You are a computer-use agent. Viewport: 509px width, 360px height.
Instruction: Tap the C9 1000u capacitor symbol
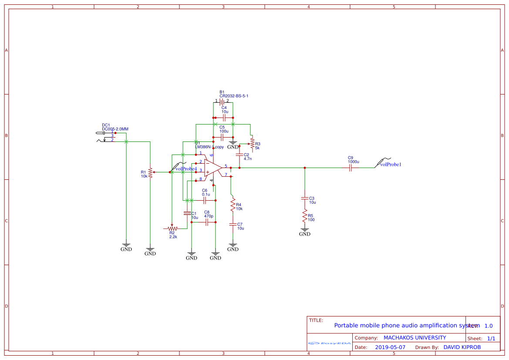coord(351,168)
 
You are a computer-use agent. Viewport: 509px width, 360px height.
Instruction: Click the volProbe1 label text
coord(391,165)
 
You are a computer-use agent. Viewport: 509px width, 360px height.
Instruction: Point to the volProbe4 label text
coord(186,169)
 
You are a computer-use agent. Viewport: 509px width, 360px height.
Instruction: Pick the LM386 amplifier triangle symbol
coord(213,168)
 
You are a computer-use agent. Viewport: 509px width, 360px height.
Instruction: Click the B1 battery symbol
coord(222,102)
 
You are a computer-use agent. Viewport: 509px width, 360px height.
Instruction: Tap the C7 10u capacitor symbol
coord(233,224)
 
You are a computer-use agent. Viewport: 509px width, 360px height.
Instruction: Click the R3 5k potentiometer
coord(252,143)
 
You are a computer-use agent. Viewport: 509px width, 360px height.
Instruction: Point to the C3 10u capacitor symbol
coord(305,198)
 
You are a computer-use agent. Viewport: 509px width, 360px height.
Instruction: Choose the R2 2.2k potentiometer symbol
coord(172,228)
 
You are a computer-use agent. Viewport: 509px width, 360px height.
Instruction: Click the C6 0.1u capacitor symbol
coord(205,200)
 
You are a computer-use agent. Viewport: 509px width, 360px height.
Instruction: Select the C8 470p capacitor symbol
coord(207,222)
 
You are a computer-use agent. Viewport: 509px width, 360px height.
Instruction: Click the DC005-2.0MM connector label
coord(115,129)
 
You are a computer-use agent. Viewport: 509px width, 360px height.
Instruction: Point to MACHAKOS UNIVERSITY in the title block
coord(415,338)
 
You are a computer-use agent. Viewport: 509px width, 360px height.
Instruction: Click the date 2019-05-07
coord(390,347)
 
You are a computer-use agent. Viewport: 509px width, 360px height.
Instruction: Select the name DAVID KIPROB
coord(462,347)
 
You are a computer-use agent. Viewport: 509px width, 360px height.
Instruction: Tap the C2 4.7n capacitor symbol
coord(239,155)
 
